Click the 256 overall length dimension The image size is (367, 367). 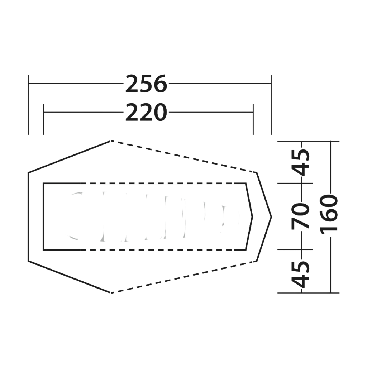[146, 83]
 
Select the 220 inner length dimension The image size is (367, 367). [146, 112]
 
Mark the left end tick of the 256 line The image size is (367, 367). [28, 105]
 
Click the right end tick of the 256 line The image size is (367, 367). [271, 105]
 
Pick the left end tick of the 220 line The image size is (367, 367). [43, 119]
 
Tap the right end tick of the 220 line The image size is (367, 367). [253, 119]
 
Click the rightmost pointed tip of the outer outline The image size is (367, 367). [271, 217]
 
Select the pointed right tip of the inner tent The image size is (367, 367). [253, 217]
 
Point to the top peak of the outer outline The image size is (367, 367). [110, 141]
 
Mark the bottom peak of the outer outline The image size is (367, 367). [110, 292]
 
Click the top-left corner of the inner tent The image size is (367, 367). [43, 183]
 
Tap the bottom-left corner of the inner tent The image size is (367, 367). [43, 250]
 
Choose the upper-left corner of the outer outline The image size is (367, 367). [28, 173]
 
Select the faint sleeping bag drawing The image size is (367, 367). [154, 216]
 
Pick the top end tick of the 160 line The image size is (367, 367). [330, 142]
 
